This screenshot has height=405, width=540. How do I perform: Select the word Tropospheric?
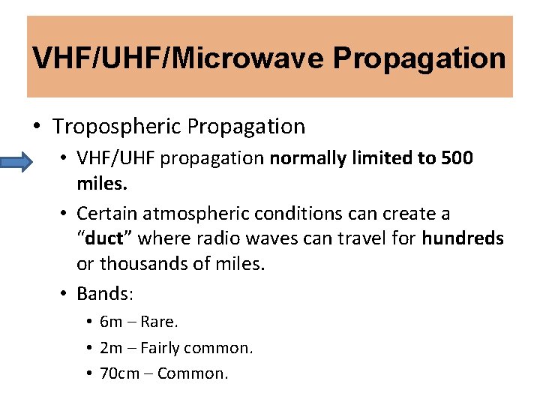click(117, 126)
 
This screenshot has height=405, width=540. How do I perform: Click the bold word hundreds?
click(463, 239)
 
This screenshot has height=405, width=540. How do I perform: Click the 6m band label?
click(110, 322)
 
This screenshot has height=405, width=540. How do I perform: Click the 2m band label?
click(110, 347)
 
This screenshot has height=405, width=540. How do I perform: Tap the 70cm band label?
click(119, 373)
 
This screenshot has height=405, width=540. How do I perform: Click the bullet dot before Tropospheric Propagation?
click(37, 126)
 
